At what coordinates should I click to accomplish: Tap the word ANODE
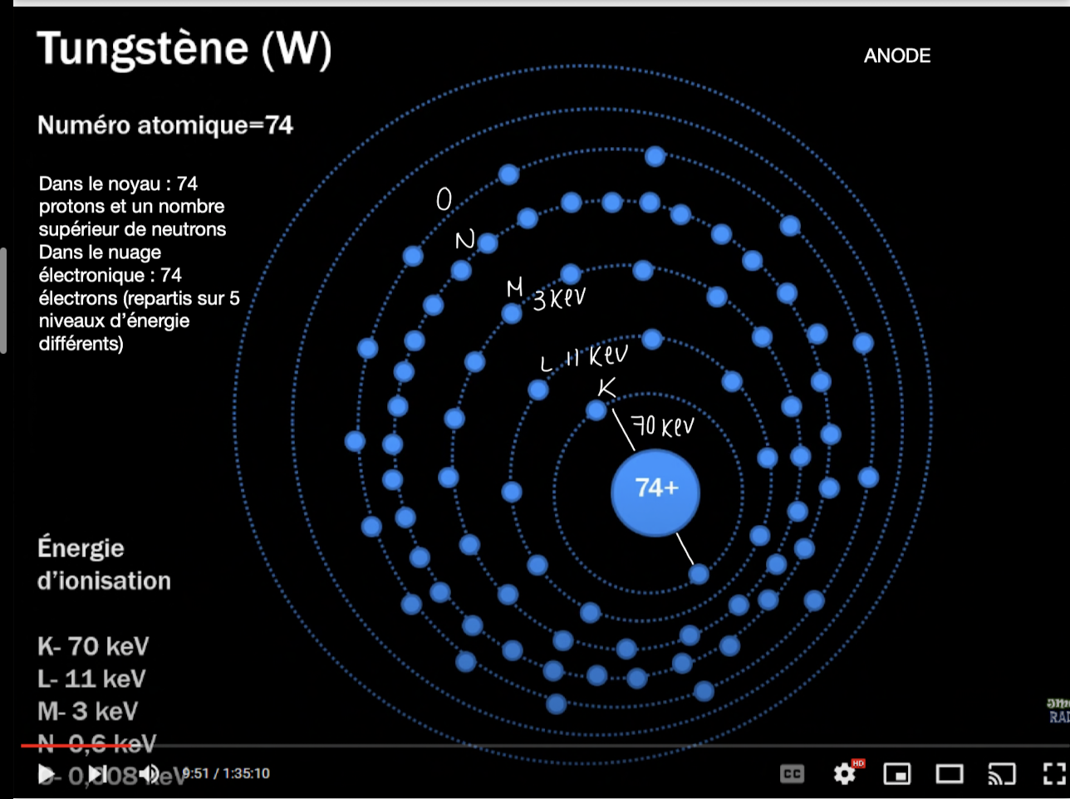pyautogui.click(x=897, y=56)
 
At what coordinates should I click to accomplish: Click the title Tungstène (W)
pyautogui.click(x=184, y=49)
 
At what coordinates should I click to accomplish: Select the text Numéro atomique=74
pyautogui.click(x=165, y=125)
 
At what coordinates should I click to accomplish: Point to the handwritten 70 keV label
pyautogui.click(x=663, y=426)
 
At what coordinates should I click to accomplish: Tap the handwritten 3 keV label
pyautogui.click(x=559, y=298)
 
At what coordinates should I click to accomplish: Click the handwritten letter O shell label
pyautogui.click(x=444, y=199)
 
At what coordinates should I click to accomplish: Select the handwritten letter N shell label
pyautogui.click(x=464, y=241)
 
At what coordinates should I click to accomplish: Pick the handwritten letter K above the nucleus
pyautogui.click(x=607, y=387)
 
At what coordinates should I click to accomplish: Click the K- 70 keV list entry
pyautogui.click(x=93, y=646)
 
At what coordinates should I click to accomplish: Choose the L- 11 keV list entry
pyautogui.click(x=91, y=679)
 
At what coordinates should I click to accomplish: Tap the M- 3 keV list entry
pyautogui.click(x=87, y=711)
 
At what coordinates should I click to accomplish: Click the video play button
pyautogui.click(x=47, y=774)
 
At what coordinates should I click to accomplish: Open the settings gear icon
pyautogui.click(x=845, y=774)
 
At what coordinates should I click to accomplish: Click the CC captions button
pyautogui.click(x=792, y=774)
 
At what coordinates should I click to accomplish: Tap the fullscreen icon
pyautogui.click(x=1054, y=774)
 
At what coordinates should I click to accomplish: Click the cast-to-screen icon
pyautogui.click(x=1002, y=774)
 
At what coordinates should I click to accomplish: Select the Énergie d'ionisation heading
pyautogui.click(x=104, y=564)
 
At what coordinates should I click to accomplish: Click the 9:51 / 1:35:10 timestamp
pyautogui.click(x=226, y=774)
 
